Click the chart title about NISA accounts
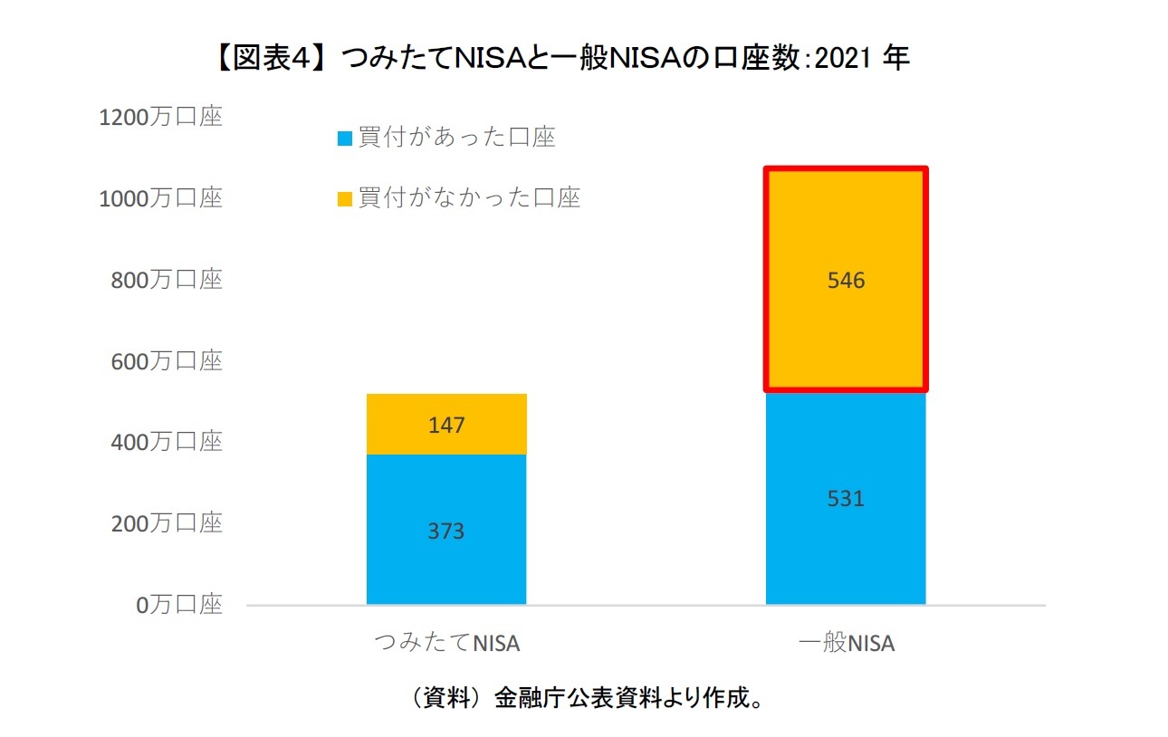[561, 59]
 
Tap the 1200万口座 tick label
[160, 118]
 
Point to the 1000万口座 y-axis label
[160, 198]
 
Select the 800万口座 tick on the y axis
[167, 280]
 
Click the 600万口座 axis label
[167, 361]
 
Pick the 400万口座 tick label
[167, 443]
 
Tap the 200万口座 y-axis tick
[167, 523]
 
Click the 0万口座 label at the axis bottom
[179, 605]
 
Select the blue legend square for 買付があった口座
[344, 139]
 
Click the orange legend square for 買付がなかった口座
[344, 198]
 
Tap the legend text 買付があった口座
[456, 138]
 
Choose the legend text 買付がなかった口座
[469, 197]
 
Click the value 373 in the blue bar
[446, 531]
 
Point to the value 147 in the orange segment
[446, 424]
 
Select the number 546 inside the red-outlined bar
[846, 281]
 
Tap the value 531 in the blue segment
[846, 498]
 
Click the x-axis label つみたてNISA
[446, 644]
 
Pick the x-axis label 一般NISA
[846, 644]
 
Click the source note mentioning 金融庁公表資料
[584, 698]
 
